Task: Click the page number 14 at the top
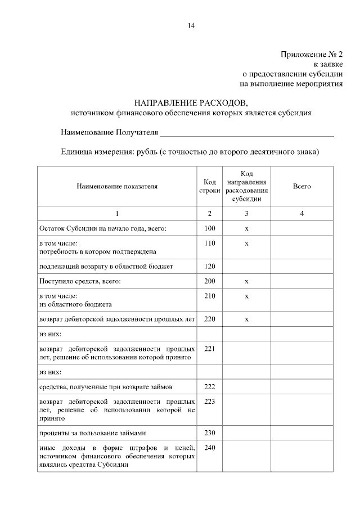pyautogui.click(x=191, y=25)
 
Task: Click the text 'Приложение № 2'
pyautogui.click(x=311, y=54)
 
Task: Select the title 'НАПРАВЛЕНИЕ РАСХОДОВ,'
pyautogui.click(x=190, y=103)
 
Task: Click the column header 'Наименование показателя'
pyautogui.click(x=117, y=186)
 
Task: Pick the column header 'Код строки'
pyautogui.click(x=210, y=186)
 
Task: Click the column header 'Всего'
pyautogui.click(x=302, y=186)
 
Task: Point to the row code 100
pyautogui.click(x=210, y=228)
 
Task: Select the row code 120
pyautogui.click(x=210, y=265)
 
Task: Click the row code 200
pyautogui.click(x=210, y=280)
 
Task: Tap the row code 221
pyautogui.click(x=210, y=349)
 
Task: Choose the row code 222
pyautogui.click(x=210, y=387)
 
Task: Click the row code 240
pyautogui.click(x=210, y=448)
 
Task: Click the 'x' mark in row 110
pyautogui.click(x=246, y=243)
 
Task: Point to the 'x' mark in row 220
pyautogui.click(x=246, y=319)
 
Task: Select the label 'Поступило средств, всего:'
pyautogui.click(x=80, y=281)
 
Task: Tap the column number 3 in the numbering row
pyautogui.click(x=246, y=214)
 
